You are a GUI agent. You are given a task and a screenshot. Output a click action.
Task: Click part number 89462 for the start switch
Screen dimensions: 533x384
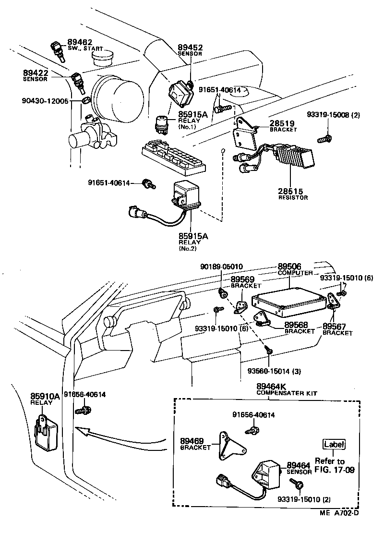click(x=80, y=42)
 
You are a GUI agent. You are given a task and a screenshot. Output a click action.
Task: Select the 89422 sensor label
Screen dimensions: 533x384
click(x=36, y=73)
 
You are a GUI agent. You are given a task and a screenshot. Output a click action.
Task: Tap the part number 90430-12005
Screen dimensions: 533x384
click(x=45, y=101)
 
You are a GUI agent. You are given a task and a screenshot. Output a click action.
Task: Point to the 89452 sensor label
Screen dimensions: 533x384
click(x=190, y=48)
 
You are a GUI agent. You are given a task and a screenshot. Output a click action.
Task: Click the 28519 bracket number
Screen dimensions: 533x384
click(x=282, y=123)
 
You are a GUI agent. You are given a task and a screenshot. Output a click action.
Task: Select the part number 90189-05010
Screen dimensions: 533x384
click(x=221, y=266)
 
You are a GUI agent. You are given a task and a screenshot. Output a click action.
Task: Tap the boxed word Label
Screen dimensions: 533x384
click(x=334, y=445)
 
